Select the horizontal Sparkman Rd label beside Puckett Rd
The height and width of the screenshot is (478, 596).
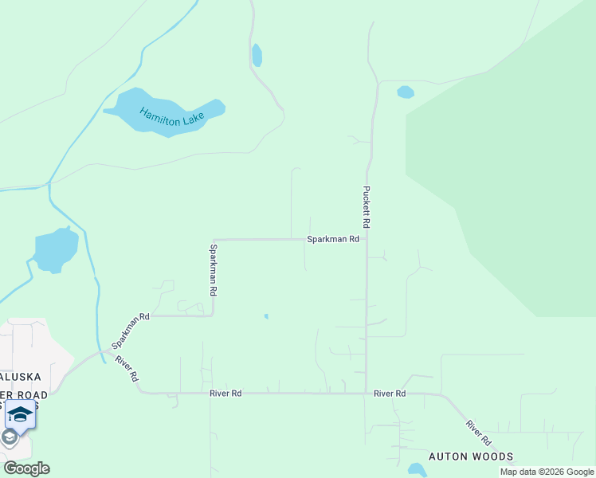coord(334,239)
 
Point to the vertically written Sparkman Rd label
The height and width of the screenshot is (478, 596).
coord(214,270)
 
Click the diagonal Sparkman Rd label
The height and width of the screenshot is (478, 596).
coord(131,331)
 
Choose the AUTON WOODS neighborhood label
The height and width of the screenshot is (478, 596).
coord(471,456)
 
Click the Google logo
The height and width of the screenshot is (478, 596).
coord(26,468)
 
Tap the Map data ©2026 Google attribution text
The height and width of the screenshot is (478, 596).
coord(547,472)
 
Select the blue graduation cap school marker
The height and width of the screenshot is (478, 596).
coord(20,414)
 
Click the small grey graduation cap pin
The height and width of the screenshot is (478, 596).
coord(10,437)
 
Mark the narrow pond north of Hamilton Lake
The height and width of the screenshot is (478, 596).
coord(257,55)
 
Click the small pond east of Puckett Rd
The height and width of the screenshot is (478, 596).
coord(406,92)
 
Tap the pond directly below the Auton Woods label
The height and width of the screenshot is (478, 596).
coord(416,470)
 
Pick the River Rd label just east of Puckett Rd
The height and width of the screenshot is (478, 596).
coord(390,394)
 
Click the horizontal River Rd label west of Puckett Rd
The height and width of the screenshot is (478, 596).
coord(225,394)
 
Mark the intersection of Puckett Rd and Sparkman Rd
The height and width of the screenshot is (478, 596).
coord(367,239)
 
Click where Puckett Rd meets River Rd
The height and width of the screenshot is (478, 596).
coord(367,393)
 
